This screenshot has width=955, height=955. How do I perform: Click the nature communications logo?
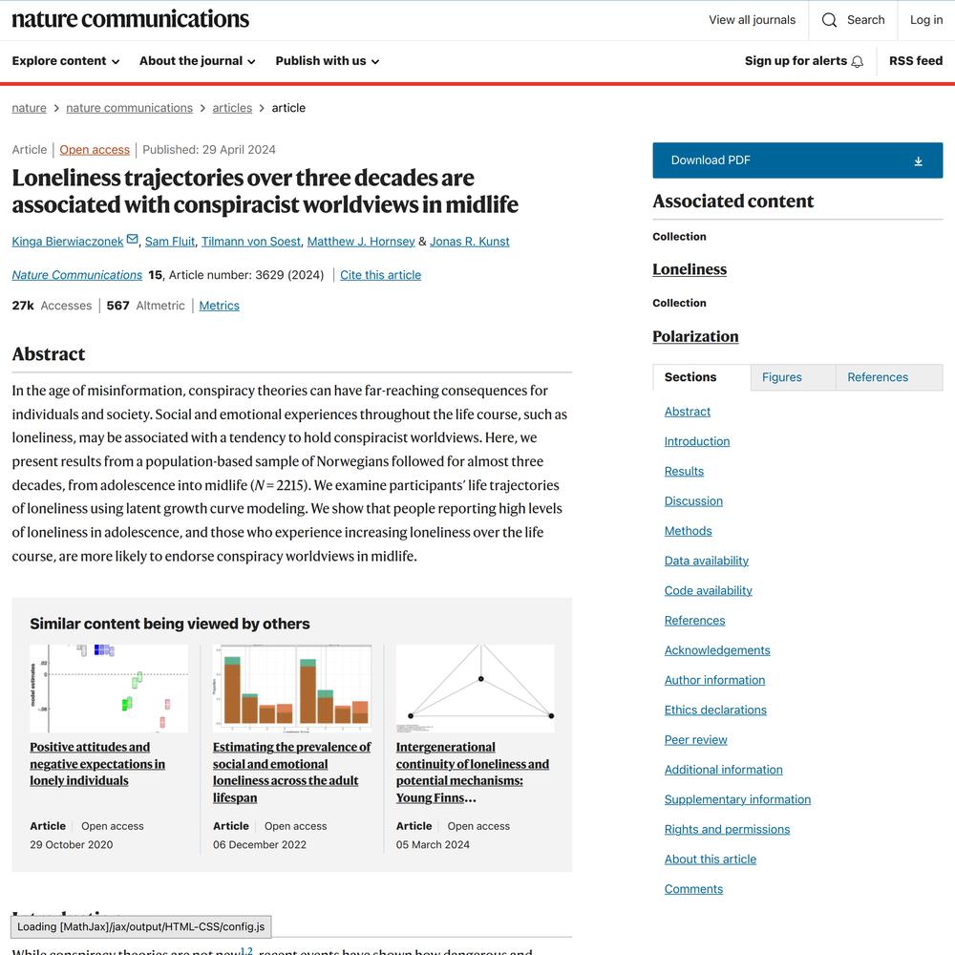pos(130,19)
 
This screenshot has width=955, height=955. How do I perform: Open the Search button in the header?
pos(853,20)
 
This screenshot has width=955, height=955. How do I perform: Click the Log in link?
pos(925,20)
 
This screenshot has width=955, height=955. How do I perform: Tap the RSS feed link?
pos(915,61)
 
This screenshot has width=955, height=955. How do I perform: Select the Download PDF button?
pos(797,160)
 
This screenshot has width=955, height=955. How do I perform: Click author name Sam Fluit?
pos(170,242)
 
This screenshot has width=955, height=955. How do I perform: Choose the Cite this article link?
pos(380,275)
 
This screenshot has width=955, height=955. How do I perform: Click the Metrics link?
pos(219,306)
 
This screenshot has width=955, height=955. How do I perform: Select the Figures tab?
pos(782,377)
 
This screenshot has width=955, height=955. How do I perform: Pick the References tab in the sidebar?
pos(878,377)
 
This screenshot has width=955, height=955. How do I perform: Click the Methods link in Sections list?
pos(688,531)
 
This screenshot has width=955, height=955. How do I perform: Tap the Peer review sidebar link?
pos(695,740)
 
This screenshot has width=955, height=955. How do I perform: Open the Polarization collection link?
pos(695,336)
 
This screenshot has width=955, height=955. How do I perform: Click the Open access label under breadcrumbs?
pos(95,150)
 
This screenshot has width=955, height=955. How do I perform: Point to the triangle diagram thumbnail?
pos(475,688)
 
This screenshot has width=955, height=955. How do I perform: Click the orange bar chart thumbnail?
pos(291,688)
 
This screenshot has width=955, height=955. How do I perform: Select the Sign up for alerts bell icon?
pos(858,62)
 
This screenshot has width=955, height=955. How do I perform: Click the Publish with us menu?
pos(327,61)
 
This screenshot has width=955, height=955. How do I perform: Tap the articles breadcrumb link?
pos(232,108)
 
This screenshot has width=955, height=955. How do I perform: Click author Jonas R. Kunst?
pos(469,242)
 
